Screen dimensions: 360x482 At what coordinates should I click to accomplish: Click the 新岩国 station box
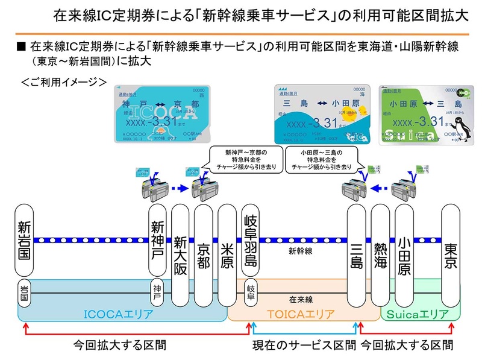(25, 241)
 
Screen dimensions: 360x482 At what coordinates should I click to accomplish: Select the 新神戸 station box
(158, 241)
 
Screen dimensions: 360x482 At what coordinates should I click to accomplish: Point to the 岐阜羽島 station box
(250, 241)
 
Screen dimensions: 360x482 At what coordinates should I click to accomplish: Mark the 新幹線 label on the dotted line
(299, 249)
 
